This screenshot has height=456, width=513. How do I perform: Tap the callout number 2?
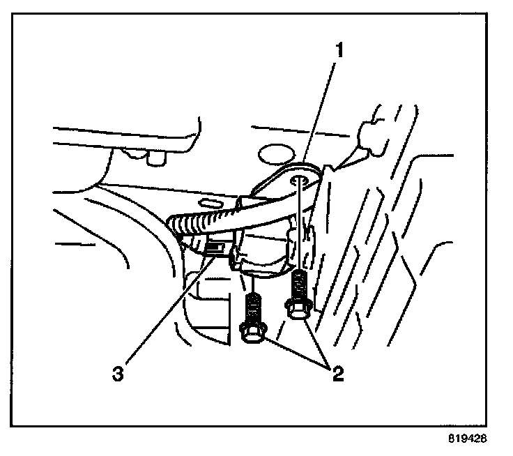337,374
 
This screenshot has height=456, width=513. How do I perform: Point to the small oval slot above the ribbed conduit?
206,203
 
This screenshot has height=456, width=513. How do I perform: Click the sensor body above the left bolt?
261,254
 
